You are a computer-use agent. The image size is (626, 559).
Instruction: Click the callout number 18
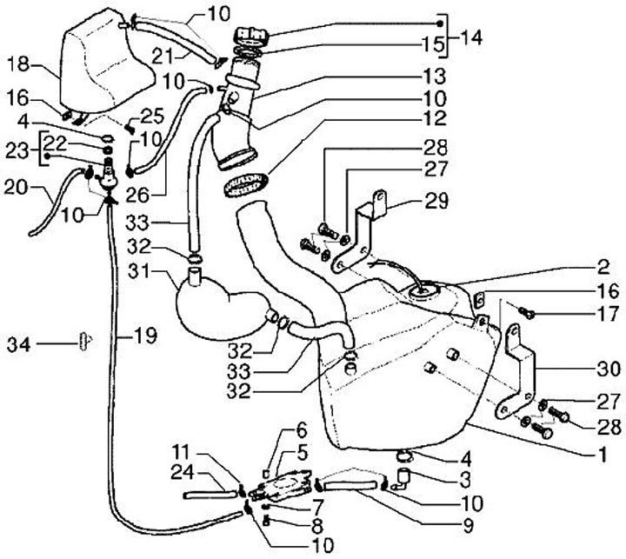18,64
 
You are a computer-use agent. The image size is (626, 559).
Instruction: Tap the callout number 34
19,344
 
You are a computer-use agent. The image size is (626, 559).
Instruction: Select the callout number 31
139,271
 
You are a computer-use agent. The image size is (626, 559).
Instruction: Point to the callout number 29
436,201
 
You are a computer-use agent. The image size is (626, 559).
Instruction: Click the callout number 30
609,369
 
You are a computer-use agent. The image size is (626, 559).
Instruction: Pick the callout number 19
145,336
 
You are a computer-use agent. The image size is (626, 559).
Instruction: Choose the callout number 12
436,118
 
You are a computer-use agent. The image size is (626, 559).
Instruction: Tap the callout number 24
183,473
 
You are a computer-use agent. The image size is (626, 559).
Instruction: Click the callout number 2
604,267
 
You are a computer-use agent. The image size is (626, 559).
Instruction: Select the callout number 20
16,187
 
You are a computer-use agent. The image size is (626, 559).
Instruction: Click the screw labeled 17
527,313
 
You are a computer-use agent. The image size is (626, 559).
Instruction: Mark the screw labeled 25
130,129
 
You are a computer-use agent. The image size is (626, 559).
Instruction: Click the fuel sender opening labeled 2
423,293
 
